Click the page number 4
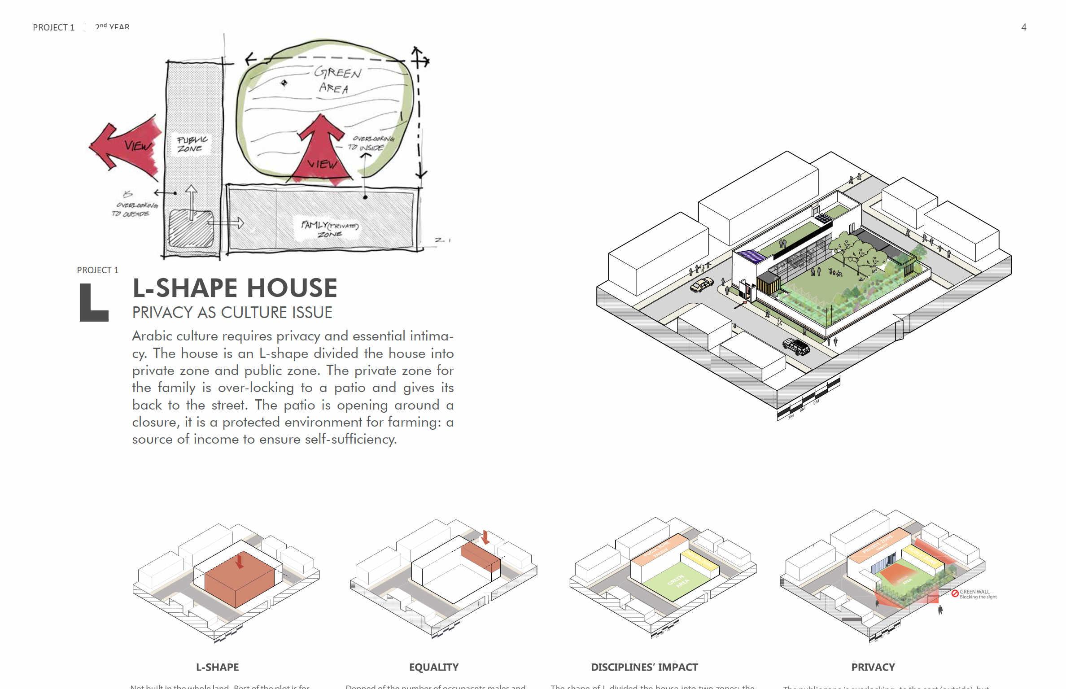pos(1023,27)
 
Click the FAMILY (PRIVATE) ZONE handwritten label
pos(330,229)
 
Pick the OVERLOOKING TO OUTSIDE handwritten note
pos(133,206)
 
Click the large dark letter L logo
pos(93,302)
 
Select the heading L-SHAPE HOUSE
pos(235,288)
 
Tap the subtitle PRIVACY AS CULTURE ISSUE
pos(232,313)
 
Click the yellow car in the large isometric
pos(702,285)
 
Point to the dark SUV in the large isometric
pos(796,346)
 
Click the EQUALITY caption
pos(433,667)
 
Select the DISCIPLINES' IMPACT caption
pos(644,667)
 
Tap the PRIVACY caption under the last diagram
pos(873,667)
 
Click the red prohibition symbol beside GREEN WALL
pos(955,593)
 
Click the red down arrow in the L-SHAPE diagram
pos(240,561)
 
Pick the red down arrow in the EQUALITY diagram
pos(485,537)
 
